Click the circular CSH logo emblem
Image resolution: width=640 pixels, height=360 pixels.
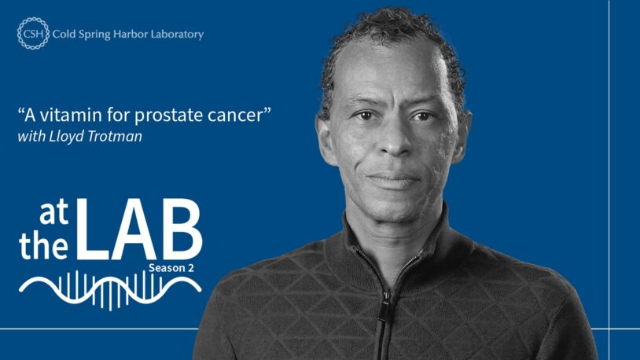32,34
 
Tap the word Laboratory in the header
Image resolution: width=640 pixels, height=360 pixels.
178,34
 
